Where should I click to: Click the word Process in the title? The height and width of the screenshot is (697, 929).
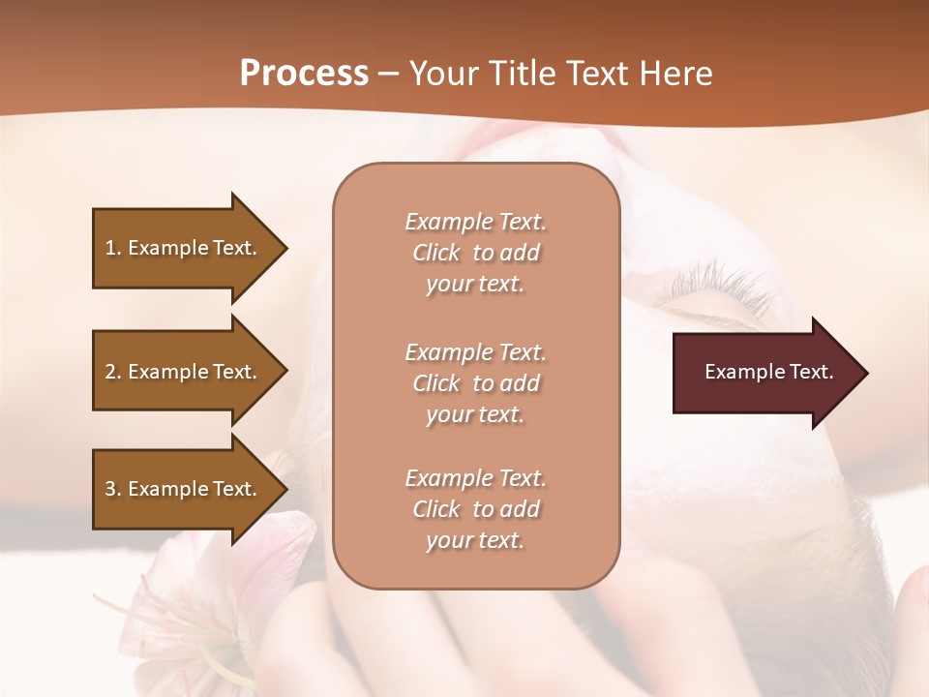(304, 74)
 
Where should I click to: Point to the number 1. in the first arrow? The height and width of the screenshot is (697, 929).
(113, 248)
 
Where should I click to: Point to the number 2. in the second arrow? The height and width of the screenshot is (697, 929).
(113, 372)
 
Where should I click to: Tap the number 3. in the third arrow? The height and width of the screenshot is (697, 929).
(113, 489)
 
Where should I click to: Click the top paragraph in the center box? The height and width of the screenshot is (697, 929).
(476, 253)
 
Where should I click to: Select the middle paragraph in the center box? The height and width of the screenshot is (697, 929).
(476, 383)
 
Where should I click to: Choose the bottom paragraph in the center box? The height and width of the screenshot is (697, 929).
(476, 509)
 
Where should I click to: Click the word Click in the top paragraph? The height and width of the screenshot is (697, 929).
(436, 253)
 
